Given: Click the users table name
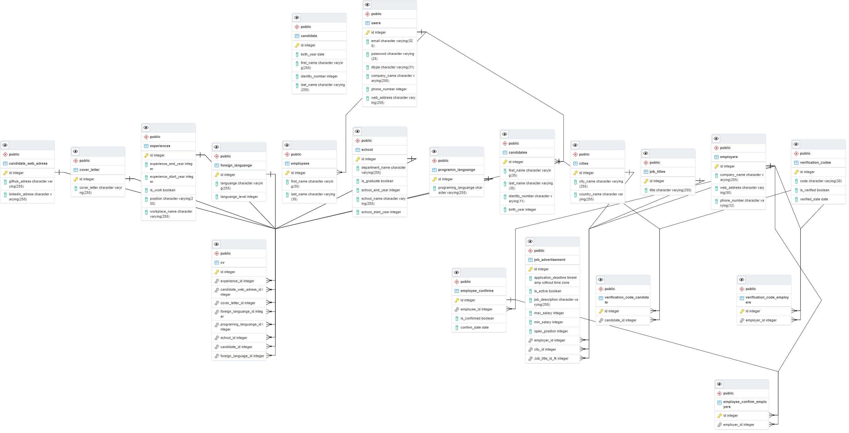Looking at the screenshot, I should pyautogui.click(x=376, y=23).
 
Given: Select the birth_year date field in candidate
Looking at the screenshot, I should pyautogui.click(x=312, y=55).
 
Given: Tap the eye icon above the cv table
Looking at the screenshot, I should pyautogui.click(x=216, y=244).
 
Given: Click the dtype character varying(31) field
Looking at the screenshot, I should pyautogui.click(x=392, y=67).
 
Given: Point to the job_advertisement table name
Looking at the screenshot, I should pyautogui.click(x=550, y=260).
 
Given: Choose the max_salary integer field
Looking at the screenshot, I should pyautogui.click(x=549, y=313).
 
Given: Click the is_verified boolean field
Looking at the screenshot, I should pyautogui.click(x=815, y=190).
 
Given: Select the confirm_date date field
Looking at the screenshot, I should pyautogui.click(x=474, y=328).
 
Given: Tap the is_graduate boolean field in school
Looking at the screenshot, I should pyautogui.click(x=377, y=181).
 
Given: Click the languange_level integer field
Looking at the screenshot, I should pyautogui.click(x=239, y=197).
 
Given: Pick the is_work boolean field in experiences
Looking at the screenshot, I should pyautogui.click(x=163, y=190).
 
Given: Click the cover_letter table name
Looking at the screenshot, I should pyautogui.click(x=89, y=170).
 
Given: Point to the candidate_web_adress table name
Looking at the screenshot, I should pyautogui.click(x=28, y=164).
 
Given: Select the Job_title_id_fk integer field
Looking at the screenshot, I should pyautogui.click(x=551, y=359).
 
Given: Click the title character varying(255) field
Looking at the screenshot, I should pyautogui.click(x=670, y=190).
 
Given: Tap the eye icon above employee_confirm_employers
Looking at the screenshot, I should pyautogui.click(x=719, y=384).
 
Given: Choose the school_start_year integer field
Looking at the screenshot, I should pyautogui.click(x=381, y=212).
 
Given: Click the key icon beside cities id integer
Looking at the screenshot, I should pyautogui.click(x=576, y=173).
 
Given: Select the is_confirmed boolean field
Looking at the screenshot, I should pyautogui.click(x=477, y=319).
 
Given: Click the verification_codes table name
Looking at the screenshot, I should pyautogui.click(x=815, y=163).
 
